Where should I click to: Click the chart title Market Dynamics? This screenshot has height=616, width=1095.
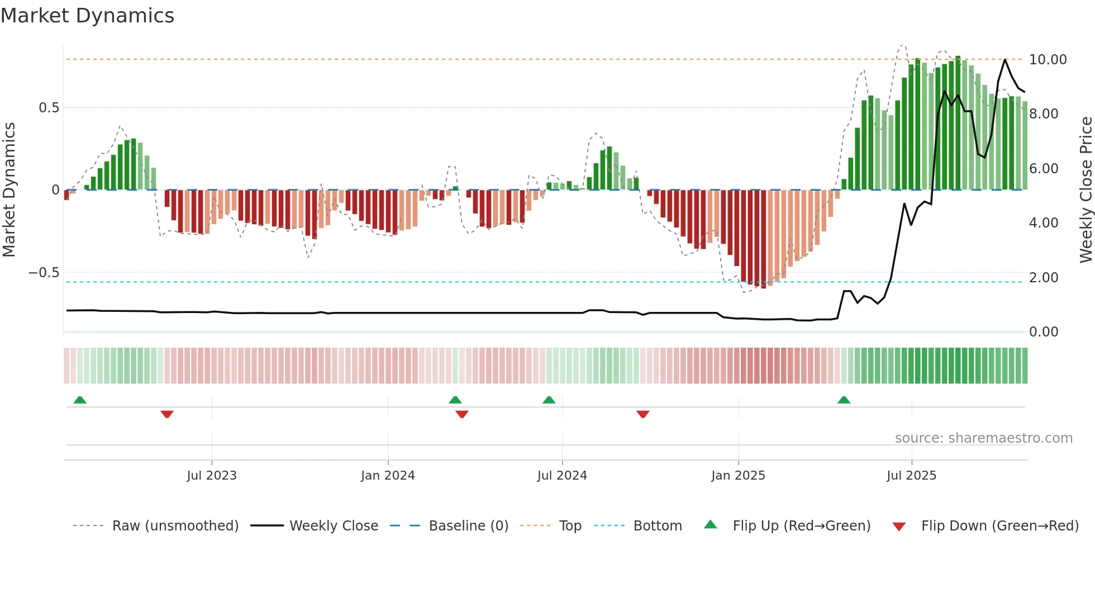coord(87,16)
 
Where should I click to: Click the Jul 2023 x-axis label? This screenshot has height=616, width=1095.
coord(212,476)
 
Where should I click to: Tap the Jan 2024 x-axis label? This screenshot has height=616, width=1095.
coord(388,476)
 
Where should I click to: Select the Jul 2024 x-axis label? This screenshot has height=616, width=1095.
coord(562,476)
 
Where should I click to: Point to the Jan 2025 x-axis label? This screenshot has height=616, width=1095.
coord(738,476)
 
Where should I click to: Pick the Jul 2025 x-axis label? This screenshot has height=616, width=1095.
coord(911,476)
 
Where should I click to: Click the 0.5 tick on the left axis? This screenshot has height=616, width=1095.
coord(49,108)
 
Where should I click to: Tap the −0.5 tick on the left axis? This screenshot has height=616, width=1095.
coord(44,273)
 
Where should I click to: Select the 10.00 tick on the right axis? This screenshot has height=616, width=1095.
coord(1048,60)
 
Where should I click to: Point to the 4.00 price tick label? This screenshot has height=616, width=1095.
coord(1044,223)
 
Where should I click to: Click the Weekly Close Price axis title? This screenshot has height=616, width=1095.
coord(1086,189)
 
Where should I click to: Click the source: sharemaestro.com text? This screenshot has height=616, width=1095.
coord(983,438)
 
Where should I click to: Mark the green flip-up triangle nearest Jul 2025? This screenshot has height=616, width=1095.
coord(844,400)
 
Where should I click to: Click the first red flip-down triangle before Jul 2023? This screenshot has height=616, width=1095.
coord(167,414)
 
